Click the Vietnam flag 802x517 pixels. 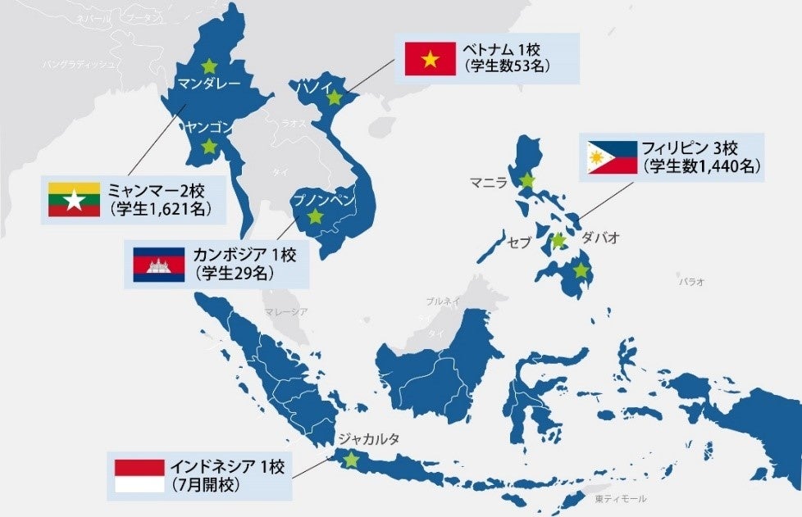pyautogui.click(x=429, y=58)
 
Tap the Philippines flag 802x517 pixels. pyautogui.click(x=612, y=158)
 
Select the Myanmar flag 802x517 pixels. pyautogui.click(x=74, y=199)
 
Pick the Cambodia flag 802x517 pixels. pyautogui.click(x=159, y=264)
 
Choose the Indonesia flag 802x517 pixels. pyautogui.click(x=139, y=476)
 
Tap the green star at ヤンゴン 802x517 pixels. pyautogui.click(x=209, y=147)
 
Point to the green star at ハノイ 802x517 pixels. pyautogui.click(x=334, y=98)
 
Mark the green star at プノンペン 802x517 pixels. pyautogui.click(x=314, y=216)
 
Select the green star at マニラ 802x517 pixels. pyautogui.click(x=526, y=181)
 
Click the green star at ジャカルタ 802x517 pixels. pyautogui.click(x=352, y=460)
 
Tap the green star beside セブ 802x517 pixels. pyautogui.click(x=558, y=241)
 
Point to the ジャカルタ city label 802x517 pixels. pyautogui.click(x=368, y=439)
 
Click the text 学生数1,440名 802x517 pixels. pyautogui.click(x=703, y=166)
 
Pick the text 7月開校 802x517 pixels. pyautogui.click(x=206, y=485)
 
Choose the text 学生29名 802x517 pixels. pyautogui.click(x=233, y=273)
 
